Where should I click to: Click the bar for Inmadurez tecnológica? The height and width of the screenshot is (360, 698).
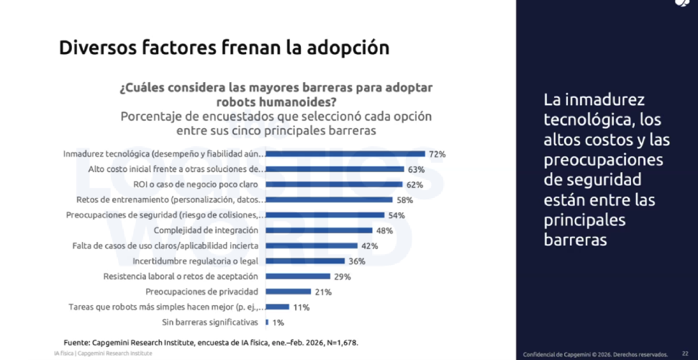(345, 154)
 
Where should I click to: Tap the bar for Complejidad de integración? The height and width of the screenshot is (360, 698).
(319, 230)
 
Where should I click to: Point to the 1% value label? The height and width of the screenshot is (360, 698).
(278, 322)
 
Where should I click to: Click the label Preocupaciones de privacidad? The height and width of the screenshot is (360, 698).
(202, 292)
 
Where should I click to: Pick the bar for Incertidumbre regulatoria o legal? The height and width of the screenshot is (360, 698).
(305, 261)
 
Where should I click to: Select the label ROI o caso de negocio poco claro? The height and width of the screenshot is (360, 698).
(196, 184)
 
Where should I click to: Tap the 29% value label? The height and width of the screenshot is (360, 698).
(343, 277)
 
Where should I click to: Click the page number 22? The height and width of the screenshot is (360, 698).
(685, 354)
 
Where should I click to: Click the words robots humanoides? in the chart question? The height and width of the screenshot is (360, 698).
(276, 102)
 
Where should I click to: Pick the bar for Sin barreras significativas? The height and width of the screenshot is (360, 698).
(267, 322)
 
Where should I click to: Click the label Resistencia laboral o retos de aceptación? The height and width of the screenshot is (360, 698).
(181, 276)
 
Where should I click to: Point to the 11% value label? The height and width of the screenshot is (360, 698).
(301, 307)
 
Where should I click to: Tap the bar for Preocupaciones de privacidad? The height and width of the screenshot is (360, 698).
(289, 292)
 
